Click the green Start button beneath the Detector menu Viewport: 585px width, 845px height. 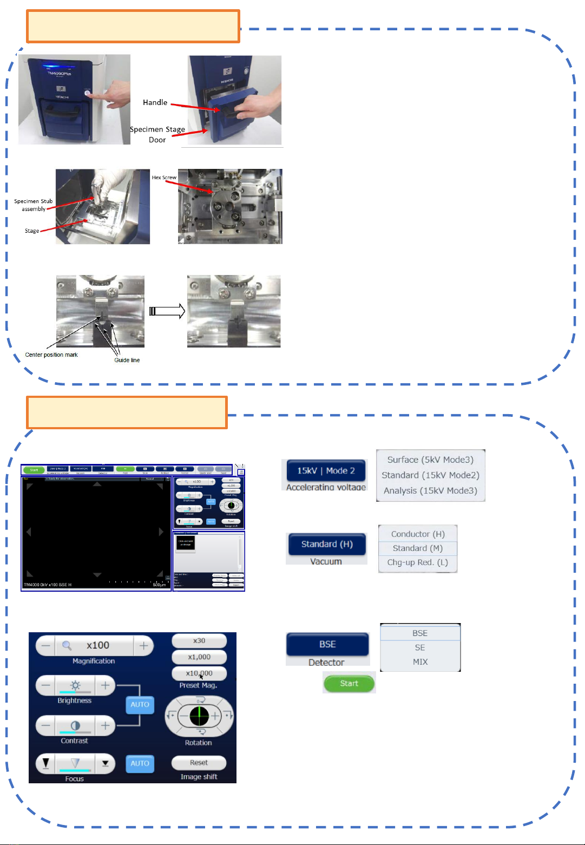(349, 683)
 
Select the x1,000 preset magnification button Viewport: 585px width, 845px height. (199, 657)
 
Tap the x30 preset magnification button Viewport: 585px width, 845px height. (199, 640)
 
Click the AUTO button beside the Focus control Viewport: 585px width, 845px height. (140, 763)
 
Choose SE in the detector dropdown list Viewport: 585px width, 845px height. (420, 647)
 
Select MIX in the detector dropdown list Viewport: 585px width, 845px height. (420, 661)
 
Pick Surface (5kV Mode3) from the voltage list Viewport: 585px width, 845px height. (430, 460)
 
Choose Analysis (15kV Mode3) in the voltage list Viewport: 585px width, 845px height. (430, 490)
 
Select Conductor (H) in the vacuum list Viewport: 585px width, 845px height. (418, 534)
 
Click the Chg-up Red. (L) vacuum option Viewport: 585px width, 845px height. (418, 562)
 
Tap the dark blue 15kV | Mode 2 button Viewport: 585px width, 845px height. (326, 470)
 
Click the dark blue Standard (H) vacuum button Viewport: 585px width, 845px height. (327, 544)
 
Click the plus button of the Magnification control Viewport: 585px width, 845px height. (143, 645)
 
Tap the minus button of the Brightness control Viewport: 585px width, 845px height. (46, 685)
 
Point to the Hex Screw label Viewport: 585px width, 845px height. (164, 178)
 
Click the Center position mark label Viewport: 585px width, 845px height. (51, 355)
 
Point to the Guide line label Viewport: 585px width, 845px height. (127, 360)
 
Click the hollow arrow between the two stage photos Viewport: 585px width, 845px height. (167, 311)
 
